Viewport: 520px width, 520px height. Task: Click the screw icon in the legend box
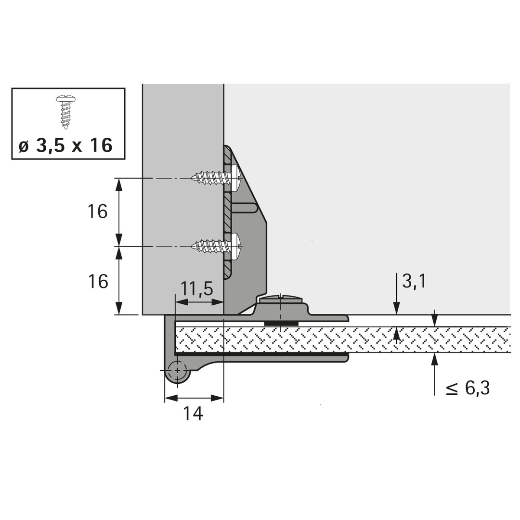pos(66,112)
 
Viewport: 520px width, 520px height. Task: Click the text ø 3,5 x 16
pos(65,145)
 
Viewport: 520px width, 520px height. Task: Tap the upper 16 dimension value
pos(97,211)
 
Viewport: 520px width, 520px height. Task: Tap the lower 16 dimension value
pos(97,282)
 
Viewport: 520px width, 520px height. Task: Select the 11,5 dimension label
pos(196,289)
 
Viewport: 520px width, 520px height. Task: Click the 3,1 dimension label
pos(414,282)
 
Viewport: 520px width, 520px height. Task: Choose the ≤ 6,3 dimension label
pos(468,388)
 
